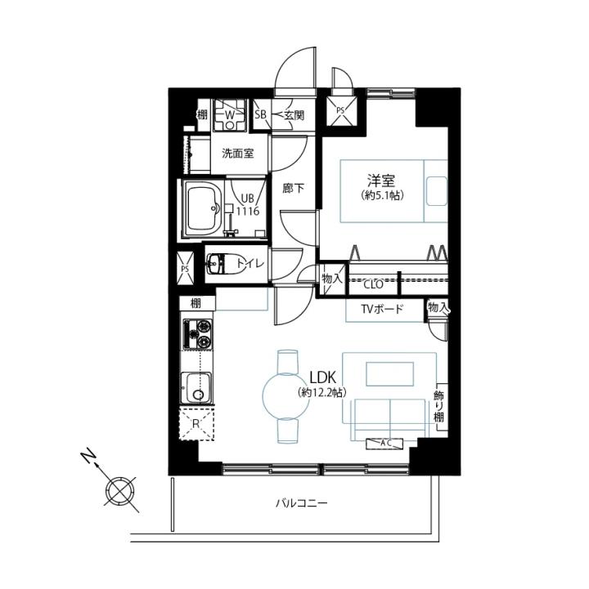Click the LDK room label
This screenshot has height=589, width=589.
point(322,377)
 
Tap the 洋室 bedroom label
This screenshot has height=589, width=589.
point(381,181)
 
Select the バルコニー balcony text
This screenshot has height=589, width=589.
point(302,502)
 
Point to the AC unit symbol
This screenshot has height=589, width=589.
point(384,444)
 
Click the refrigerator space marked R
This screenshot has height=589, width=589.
point(196,424)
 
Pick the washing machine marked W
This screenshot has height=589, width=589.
point(229,115)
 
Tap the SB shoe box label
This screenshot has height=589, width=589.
point(260,114)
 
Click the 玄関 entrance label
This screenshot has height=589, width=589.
point(294,115)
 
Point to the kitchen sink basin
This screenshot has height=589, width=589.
point(196,388)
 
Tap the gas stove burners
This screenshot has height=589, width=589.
point(197,333)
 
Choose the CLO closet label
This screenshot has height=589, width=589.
point(373,284)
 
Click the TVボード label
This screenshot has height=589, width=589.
point(382,309)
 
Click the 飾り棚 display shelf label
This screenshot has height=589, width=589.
point(438,406)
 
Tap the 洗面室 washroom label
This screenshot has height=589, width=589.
point(238,154)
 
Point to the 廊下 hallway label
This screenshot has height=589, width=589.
point(294,188)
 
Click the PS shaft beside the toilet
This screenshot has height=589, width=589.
point(185,268)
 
